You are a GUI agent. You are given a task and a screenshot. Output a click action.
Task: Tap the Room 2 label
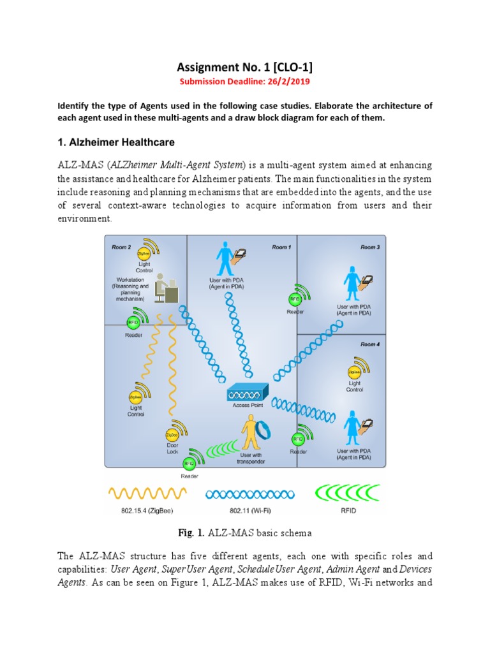tap(121, 247)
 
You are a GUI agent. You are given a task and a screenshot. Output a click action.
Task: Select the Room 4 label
tap(369, 344)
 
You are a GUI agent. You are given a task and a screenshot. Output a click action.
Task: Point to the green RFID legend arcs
tap(348, 492)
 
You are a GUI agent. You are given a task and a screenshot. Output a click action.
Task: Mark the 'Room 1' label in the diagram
tap(281, 247)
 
